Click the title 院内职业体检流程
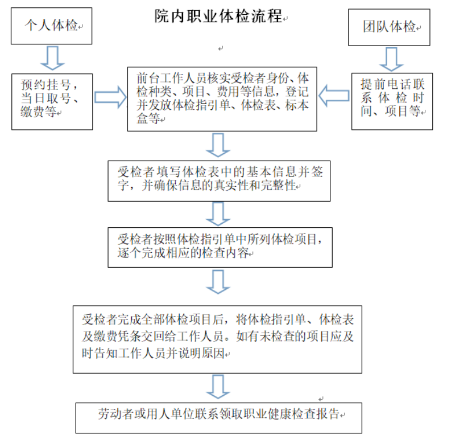218,16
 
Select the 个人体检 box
52,26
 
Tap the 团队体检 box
389,27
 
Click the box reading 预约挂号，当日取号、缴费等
52,102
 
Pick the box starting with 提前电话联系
392,101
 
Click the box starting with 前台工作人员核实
222,99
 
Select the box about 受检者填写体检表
219,181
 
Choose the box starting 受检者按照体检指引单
220,248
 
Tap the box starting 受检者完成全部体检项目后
217,339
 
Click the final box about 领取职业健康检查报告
218,418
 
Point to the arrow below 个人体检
53,58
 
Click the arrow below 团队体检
391,59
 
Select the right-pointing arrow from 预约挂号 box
110,97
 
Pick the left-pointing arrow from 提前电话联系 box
334,96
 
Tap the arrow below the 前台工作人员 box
218,145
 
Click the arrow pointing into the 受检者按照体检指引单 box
218,214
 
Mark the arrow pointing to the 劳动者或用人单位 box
218,387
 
